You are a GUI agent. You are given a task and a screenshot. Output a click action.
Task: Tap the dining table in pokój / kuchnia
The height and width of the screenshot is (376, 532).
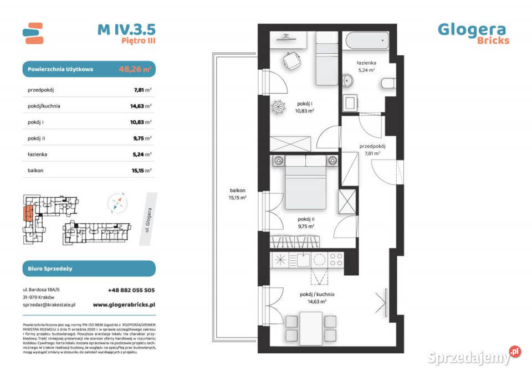click(x=306, y=326)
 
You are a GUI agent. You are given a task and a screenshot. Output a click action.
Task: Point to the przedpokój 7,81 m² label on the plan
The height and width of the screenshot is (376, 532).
click(x=372, y=150)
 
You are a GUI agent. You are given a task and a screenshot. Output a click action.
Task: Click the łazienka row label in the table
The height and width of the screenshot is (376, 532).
click(x=37, y=154)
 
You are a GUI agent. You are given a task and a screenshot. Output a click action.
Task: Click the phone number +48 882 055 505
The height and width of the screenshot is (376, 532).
click(x=131, y=290)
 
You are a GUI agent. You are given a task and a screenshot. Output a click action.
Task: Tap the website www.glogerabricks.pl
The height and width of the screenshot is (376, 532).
click(x=124, y=305)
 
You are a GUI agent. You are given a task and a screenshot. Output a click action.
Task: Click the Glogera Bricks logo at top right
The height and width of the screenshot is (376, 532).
click(x=473, y=32)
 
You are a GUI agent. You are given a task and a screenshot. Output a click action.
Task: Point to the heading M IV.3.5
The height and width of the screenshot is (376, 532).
click(x=126, y=29)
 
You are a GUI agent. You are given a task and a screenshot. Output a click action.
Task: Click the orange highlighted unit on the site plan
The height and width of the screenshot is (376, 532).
click(x=26, y=212)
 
